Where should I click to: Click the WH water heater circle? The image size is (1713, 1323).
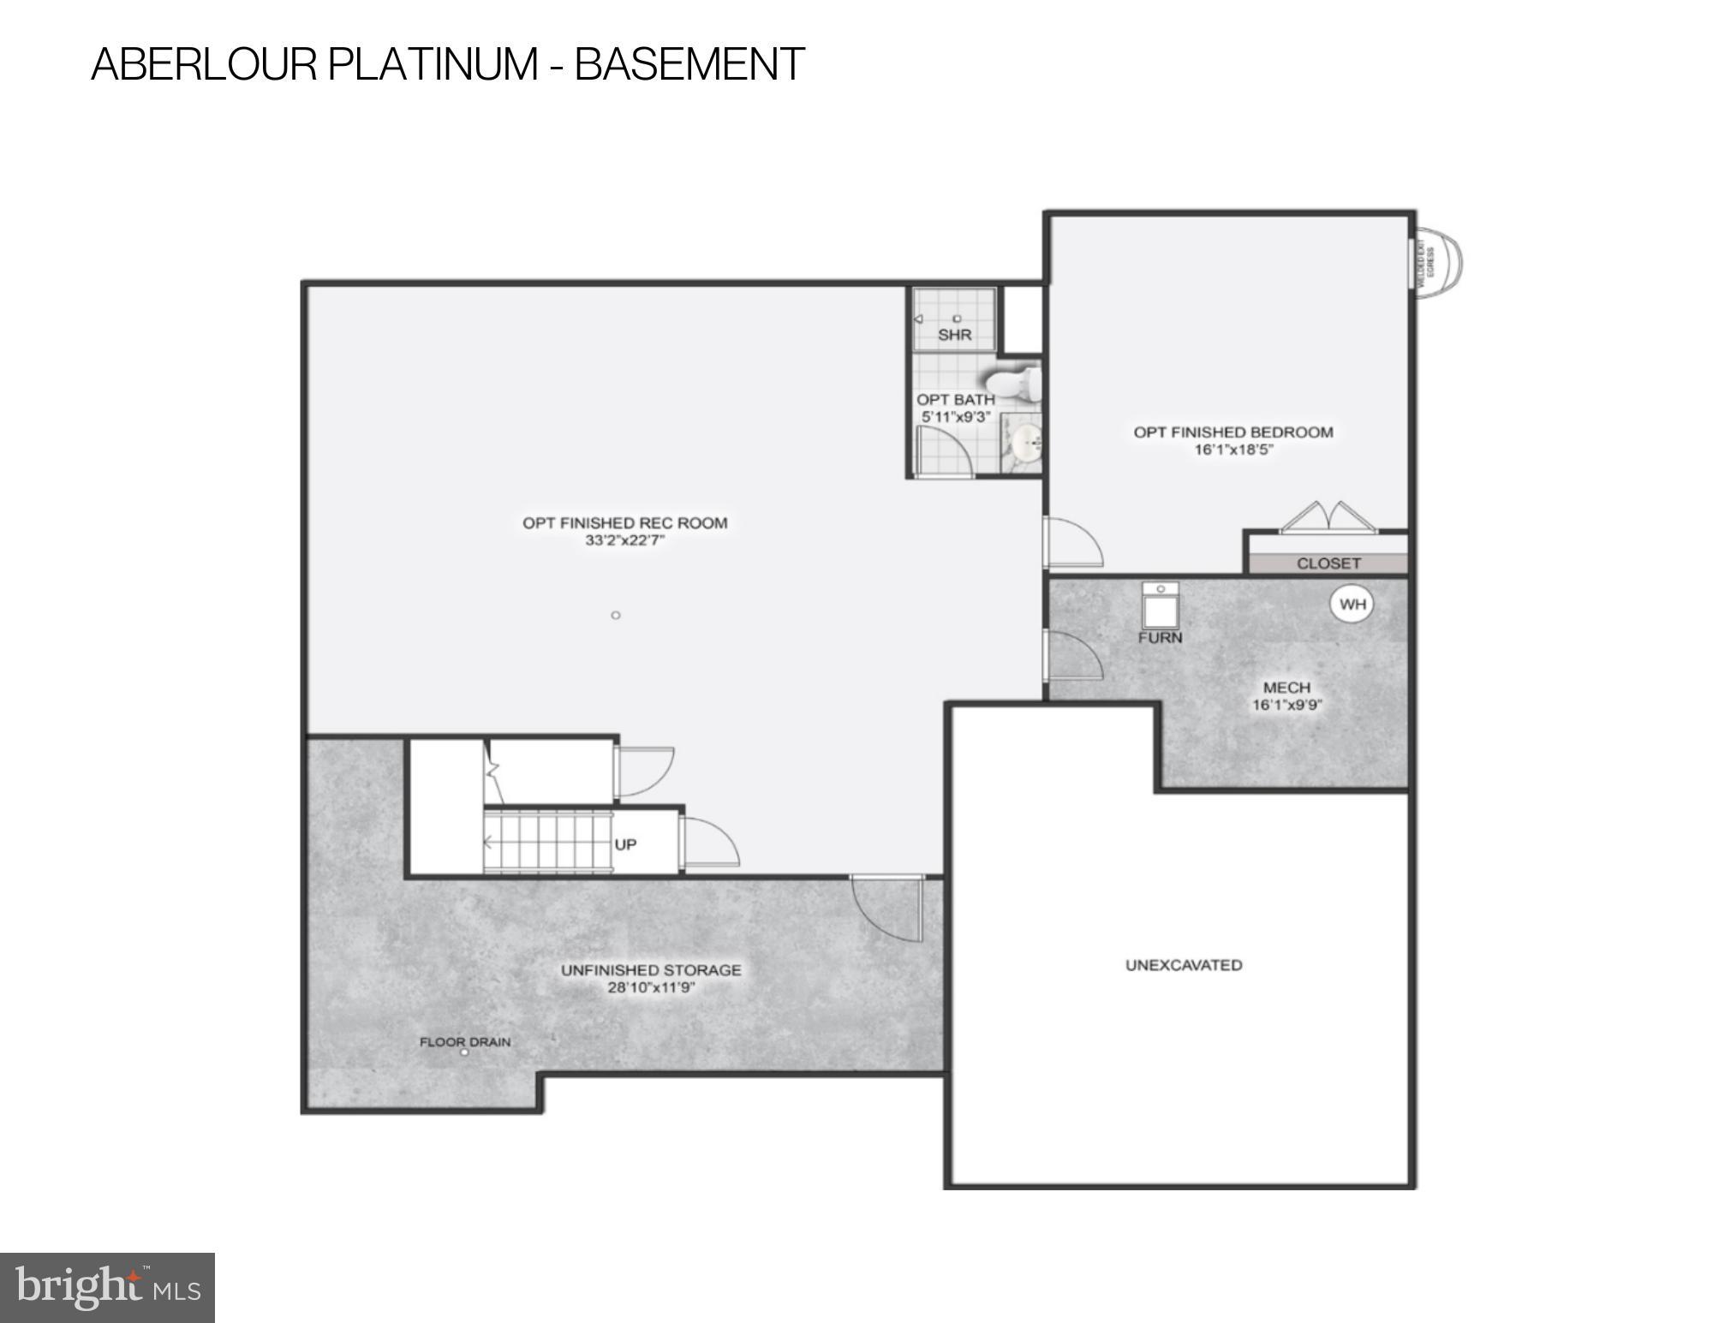tap(1352, 605)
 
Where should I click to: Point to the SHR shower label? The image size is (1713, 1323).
tap(954, 335)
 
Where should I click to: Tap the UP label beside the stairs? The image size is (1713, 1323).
tap(625, 844)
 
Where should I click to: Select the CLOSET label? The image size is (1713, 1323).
tap(1328, 563)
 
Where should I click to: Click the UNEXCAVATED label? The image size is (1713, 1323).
tap(1184, 965)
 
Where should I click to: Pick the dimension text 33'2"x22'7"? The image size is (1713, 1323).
tap(625, 540)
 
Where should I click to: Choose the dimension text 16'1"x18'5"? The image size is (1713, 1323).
tap(1234, 450)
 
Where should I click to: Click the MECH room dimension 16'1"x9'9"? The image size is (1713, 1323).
tap(1286, 706)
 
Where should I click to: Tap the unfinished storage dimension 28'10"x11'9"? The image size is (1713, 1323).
tap(651, 987)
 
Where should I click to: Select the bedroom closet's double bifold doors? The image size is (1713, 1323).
tap(1327, 518)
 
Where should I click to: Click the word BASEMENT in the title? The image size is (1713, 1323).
tap(689, 64)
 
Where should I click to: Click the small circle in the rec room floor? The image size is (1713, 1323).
tap(615, 615)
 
